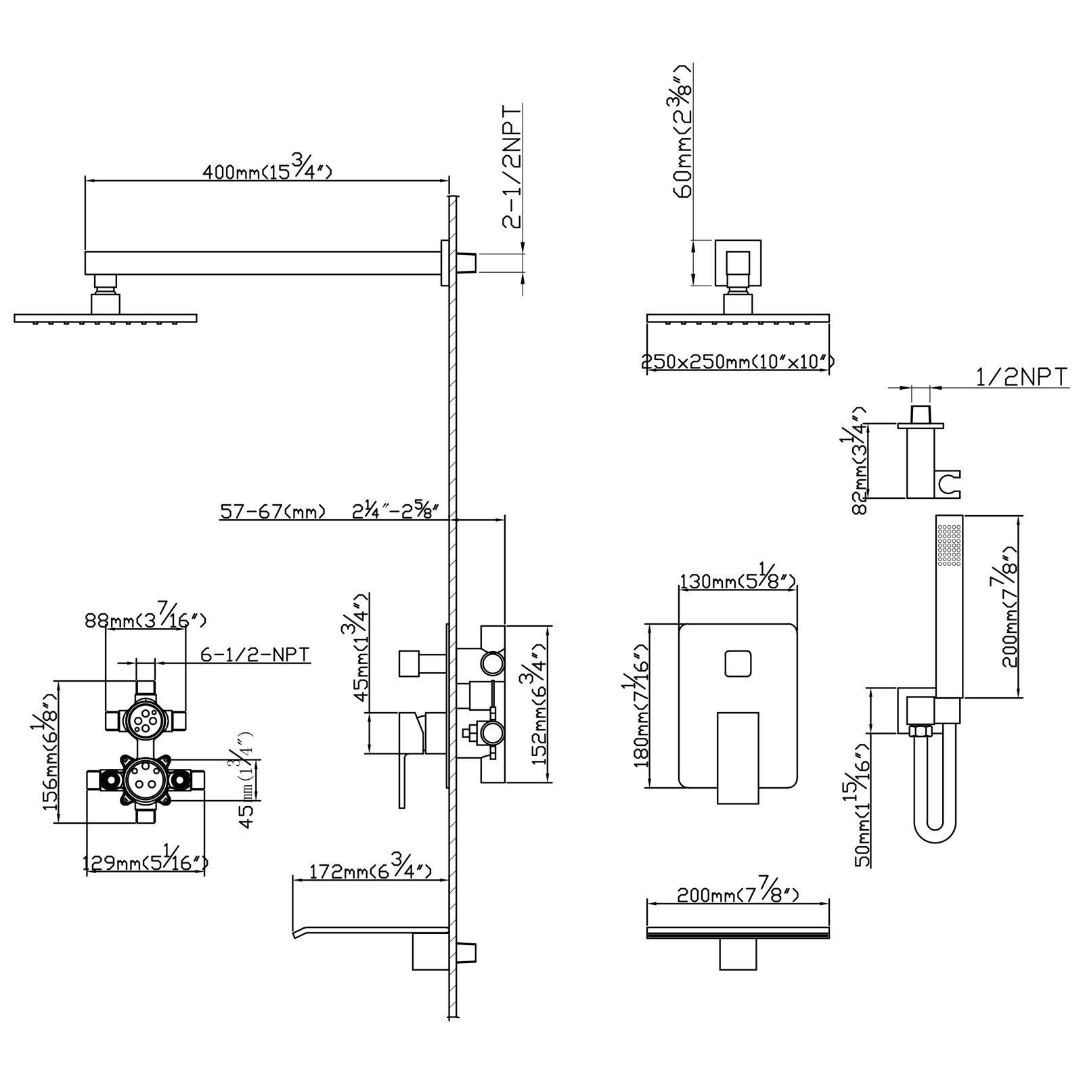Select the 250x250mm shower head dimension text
pos(737,363)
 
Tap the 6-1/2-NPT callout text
pos(255,655)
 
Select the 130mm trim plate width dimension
pos(736,580)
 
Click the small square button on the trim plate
pos(737,663)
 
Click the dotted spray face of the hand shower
pos(949,546)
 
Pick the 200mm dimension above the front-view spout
pos(737,896)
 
